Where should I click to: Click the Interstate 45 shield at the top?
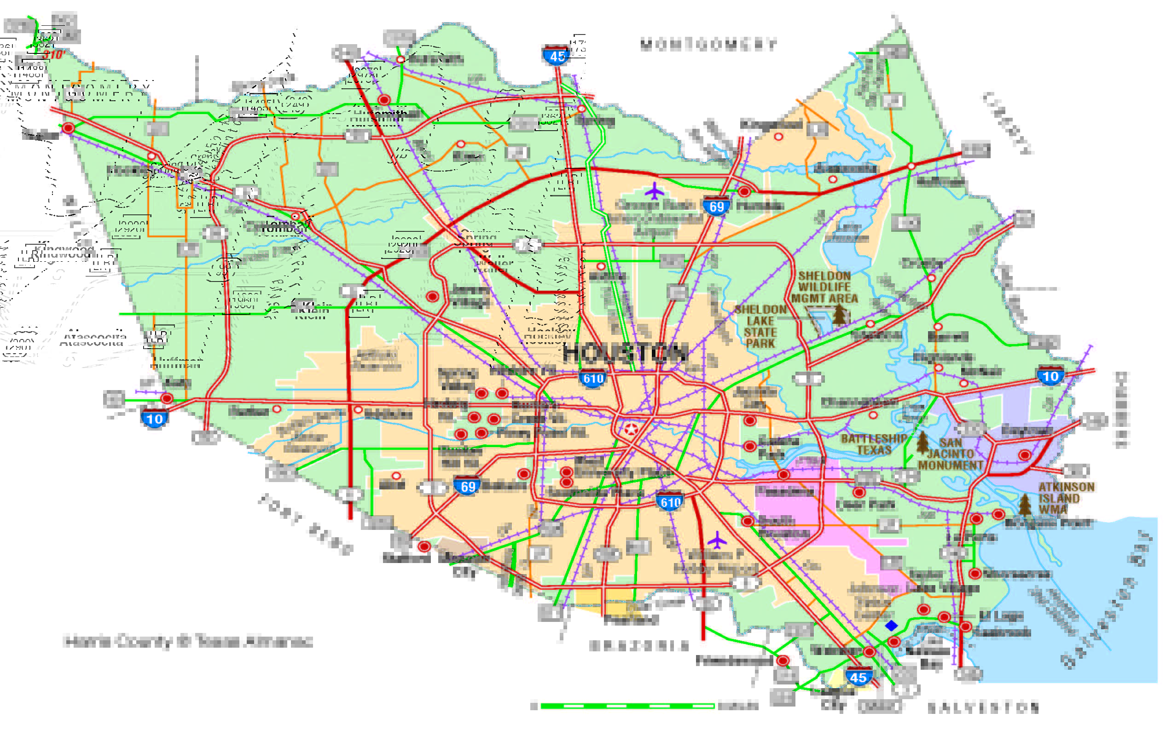557,56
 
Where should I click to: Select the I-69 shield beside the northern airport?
716,206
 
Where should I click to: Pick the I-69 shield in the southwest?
467,486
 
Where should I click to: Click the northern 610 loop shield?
592,378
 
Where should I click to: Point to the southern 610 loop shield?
670,502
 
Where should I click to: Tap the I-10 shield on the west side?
154,418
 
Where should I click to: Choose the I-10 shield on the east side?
1050,376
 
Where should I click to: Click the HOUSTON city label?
626,354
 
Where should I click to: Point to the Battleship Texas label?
874,444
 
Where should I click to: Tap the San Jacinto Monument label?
950,454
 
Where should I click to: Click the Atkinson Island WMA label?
1066,498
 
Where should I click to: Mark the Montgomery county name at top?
708,45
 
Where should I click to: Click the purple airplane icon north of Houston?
654,191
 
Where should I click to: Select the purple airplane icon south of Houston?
717,540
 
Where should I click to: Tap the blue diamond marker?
891,626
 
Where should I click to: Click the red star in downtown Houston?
631,429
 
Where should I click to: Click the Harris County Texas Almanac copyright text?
188,641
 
